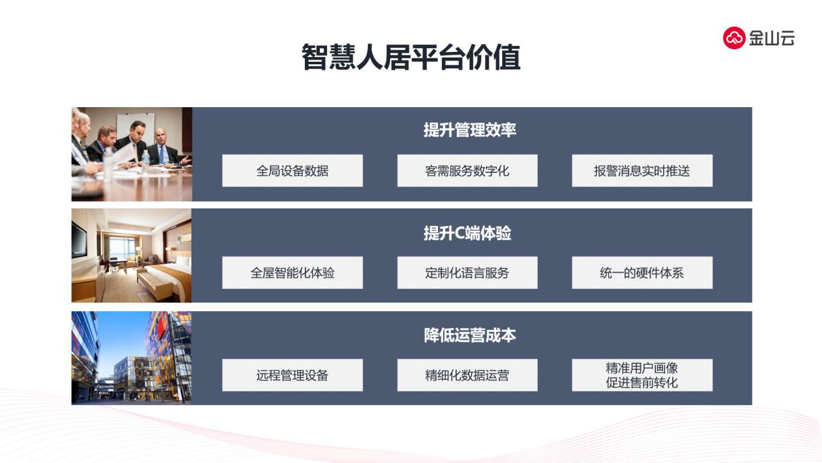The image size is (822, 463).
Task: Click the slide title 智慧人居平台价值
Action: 411,57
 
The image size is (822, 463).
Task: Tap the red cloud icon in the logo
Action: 734,38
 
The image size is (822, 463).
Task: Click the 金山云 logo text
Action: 772,38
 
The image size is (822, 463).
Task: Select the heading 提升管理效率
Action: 470,130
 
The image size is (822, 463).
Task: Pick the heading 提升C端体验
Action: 468,233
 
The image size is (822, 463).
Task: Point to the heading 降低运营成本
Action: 470,335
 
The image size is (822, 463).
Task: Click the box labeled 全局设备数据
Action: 293,171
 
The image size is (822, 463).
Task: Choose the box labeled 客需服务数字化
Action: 467,171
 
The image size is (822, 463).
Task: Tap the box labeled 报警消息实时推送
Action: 642,171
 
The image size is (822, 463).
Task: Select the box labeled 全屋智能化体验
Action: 293,273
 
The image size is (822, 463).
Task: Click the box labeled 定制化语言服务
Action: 467,273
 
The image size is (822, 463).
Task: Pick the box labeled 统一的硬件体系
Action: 642,273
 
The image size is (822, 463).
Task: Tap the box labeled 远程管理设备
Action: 293,375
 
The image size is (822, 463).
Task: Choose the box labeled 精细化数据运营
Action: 467,375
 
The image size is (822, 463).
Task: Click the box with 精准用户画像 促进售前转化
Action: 642,375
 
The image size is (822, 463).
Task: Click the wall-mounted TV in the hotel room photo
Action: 79,240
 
